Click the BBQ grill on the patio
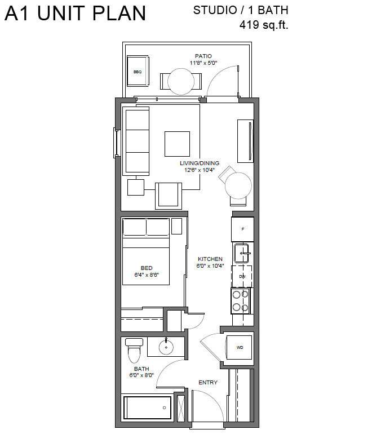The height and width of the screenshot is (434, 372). tap(138, 71)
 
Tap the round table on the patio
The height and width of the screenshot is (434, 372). tap(181, 81)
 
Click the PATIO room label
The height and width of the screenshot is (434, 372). tap(203, 56)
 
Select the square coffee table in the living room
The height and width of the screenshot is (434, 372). tap(177, 144)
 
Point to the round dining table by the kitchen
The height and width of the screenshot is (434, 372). tap(238, 185)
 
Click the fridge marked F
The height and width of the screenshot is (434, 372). tap(243, 229)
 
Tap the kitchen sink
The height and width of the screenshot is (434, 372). tap(241, 253)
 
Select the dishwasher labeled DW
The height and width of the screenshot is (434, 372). tap(242, 276)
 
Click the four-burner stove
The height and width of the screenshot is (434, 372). tap(241, 301)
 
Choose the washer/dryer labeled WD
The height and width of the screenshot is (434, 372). tap(240, 347)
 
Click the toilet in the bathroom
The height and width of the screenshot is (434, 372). tap(134, 351)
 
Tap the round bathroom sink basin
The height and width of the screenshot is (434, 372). tap(166, 347)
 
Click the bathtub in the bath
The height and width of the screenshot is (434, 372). tap(147, 408)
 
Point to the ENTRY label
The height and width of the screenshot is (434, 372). tap(208, 383)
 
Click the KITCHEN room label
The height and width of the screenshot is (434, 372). tap(210, 259)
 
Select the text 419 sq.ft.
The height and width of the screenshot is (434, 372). tap(264, 25)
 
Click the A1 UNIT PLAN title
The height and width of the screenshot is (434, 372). tap(75, 14)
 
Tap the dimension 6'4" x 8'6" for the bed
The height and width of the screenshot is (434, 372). tap(147, 275)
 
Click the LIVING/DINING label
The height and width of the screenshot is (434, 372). tap(200, 163)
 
